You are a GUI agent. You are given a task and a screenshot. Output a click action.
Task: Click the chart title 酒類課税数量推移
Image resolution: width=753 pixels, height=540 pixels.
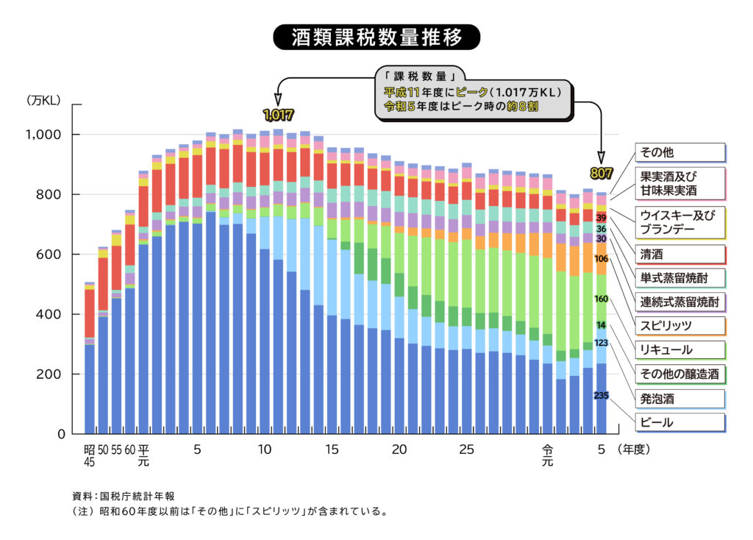376,37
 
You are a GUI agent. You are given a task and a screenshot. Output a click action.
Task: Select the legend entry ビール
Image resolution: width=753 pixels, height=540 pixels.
679,423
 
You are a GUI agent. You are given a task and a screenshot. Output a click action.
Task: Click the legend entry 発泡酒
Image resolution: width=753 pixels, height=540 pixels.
679,399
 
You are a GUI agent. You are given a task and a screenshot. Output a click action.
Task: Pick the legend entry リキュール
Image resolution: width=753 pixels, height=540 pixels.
679,350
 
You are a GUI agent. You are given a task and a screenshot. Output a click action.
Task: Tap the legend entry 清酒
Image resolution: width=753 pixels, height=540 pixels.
679,255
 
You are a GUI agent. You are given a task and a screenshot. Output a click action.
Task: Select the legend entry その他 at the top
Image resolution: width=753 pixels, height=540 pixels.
679,152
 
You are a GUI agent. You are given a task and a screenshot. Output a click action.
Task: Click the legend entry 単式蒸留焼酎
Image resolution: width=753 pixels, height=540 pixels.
679,278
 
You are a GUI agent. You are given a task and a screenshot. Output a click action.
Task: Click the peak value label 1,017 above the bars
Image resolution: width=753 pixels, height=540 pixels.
278,115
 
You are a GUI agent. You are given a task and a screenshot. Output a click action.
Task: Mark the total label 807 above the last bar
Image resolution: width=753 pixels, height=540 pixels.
601,174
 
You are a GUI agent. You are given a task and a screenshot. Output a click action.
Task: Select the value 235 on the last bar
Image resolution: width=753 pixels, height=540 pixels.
601,396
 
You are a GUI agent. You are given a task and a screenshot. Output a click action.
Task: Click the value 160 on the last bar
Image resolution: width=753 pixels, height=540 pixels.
601,299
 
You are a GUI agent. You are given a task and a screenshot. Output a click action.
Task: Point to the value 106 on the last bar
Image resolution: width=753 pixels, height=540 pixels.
601,259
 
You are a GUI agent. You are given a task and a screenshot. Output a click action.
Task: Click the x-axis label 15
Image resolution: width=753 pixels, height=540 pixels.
332,449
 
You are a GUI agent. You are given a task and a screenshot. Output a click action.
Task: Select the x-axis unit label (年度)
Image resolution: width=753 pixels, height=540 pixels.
634,448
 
